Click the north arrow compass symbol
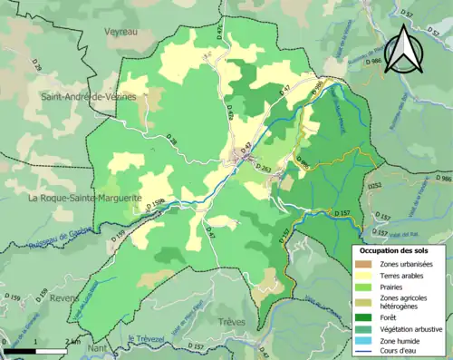coord(403,49)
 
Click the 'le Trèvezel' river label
coord(149,339)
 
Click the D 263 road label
coord(264,168)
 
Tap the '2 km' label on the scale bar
coord(72,341)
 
